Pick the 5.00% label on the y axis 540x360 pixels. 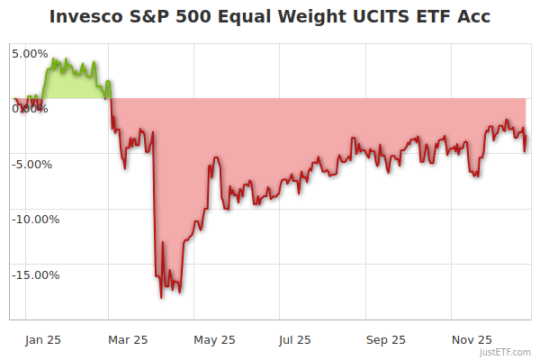pos(30,53)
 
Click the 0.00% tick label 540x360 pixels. pos(30,108)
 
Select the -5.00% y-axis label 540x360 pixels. pos(32,164)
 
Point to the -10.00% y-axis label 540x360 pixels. pos(35,219)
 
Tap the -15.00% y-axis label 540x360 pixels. pos(35,274)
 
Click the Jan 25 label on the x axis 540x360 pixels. pos(42,339)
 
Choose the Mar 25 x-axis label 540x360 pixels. pos(127,339)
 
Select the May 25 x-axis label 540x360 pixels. pos(214,339)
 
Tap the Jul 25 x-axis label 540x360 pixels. pos(295,339)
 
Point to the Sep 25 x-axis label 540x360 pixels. pos(385,339)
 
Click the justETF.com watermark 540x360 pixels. pos(505,352)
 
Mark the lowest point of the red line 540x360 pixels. pos(161,297)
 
